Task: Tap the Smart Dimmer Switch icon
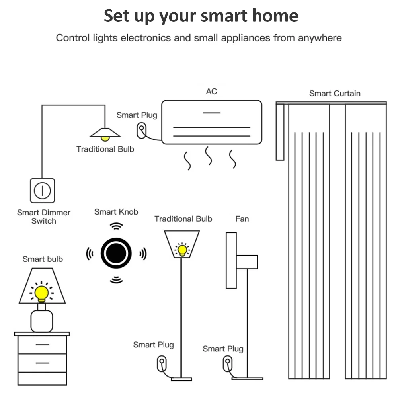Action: coord(42,190)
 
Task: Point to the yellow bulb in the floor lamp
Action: coord(182,250)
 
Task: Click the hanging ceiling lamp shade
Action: coord(105,132)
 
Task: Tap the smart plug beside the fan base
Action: coord(227,363)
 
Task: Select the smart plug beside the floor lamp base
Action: coord(161,363)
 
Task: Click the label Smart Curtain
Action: coord(335,94)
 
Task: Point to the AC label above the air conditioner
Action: coord(211,91)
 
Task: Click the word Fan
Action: coord(242,219)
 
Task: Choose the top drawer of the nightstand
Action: coord(42,345)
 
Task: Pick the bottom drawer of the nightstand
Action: coord(42,363)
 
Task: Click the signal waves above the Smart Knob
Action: coord(116,226)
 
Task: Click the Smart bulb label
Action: coord(43,259)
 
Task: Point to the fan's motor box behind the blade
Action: coord(247,262)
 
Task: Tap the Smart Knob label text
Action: coord(116,212)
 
